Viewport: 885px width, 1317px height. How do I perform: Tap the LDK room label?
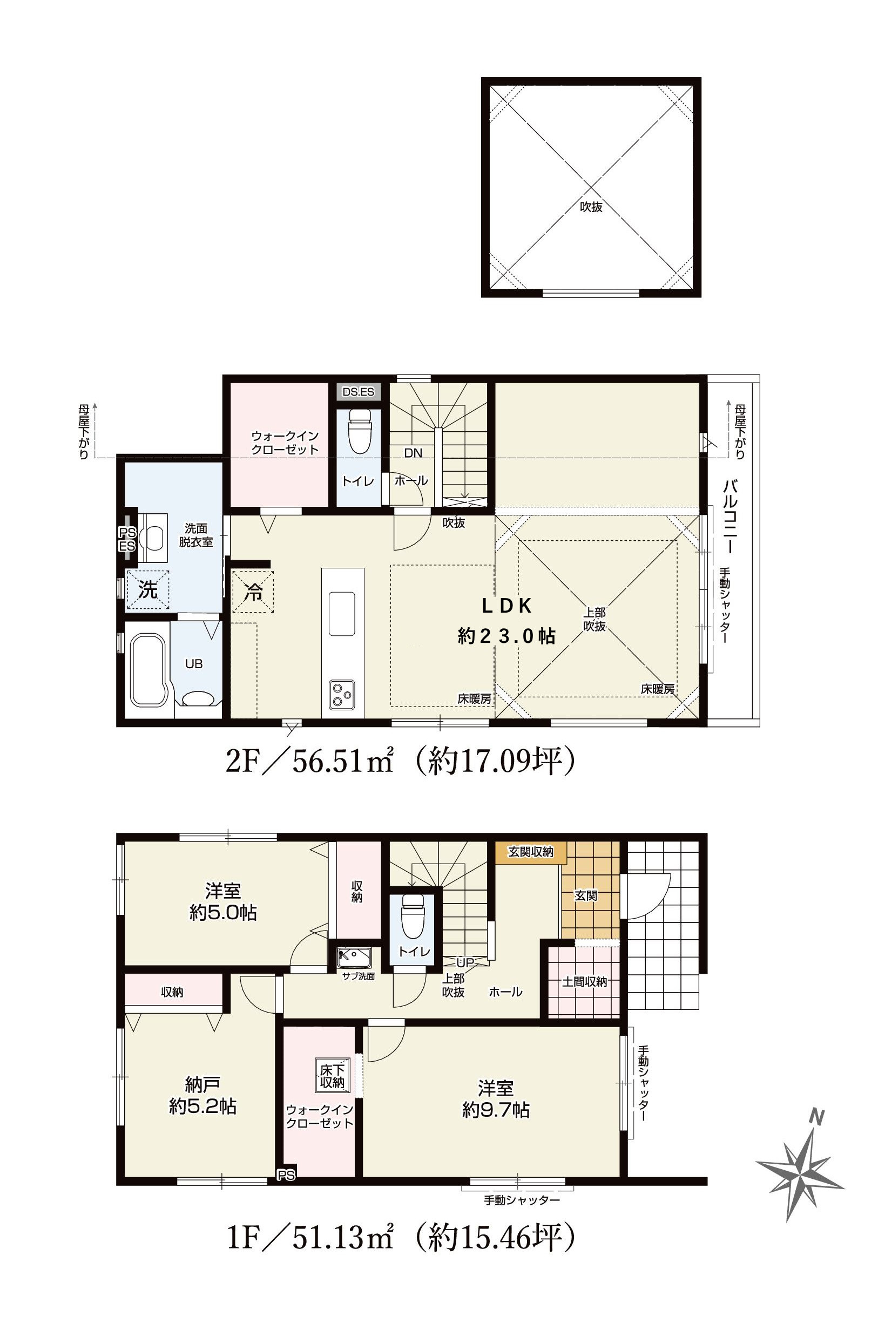tap(506, 606)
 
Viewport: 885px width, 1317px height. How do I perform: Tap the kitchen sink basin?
tap(342, 613)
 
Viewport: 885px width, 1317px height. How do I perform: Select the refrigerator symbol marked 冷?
tap(253, 592)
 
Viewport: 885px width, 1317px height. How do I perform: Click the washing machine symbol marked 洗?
tap(148, 590)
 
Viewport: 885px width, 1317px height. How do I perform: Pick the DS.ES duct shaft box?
tap(359, 391)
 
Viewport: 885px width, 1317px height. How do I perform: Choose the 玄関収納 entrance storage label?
tap(531, 852)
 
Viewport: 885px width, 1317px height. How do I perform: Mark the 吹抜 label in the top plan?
tap(591, 207)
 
